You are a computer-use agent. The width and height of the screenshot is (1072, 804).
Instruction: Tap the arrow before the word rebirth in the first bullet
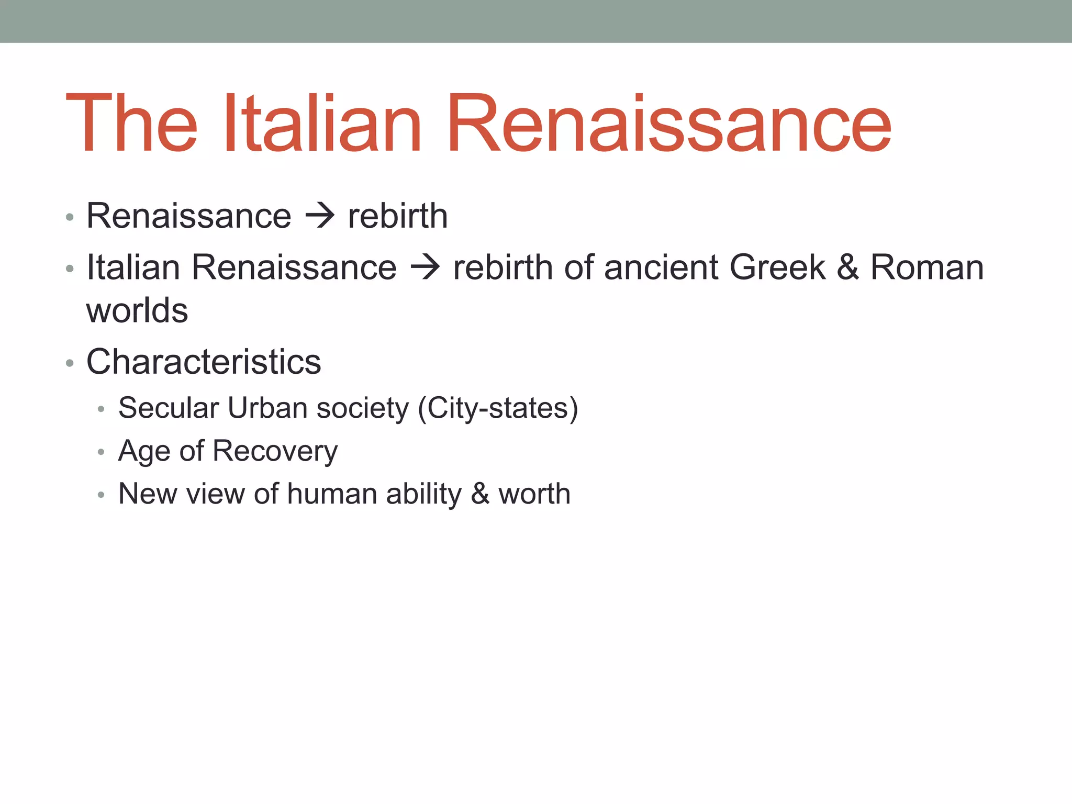[x=319, y=216]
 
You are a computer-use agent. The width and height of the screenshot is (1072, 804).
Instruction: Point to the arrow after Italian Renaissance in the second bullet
[x=425, y=267]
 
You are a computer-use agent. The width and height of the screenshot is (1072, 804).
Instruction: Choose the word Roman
[x=926, y=267]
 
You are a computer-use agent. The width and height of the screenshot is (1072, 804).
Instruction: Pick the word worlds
[x=137, y=310]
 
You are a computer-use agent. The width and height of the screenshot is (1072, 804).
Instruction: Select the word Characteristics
[x=204, y=362]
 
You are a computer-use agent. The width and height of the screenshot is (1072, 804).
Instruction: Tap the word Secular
[x=169, y=408]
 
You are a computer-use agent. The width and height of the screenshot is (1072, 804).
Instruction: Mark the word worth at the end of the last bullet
[x=534, y=494]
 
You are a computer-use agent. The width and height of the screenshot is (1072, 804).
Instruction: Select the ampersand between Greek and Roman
[x=847, y=267]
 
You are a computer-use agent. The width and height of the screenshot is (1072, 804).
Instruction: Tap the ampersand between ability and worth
[x=480, y=494]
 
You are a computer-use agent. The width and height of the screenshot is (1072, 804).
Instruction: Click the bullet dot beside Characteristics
[x=70, y=363]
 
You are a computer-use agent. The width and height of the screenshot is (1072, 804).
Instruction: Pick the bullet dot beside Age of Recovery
[x=101, y=452]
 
